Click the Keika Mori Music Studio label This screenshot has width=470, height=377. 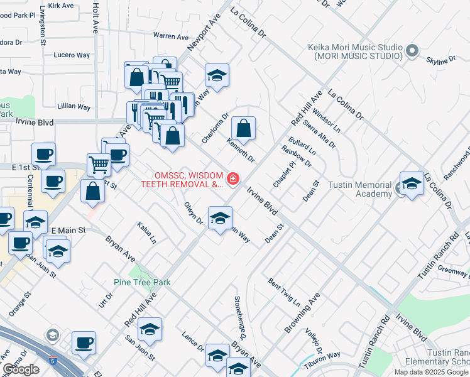point(355,52)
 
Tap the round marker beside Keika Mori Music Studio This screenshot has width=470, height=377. point(412,50)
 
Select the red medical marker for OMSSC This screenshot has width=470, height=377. point(233,180)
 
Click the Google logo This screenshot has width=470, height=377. point(21,369)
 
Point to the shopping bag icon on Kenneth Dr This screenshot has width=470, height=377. point(243,129)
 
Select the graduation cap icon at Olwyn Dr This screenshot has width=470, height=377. point(219,219)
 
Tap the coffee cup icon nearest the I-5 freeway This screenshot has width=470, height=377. point(84,343)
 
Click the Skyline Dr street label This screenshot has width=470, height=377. point(440,60)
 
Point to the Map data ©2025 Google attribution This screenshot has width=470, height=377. point(431,372)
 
